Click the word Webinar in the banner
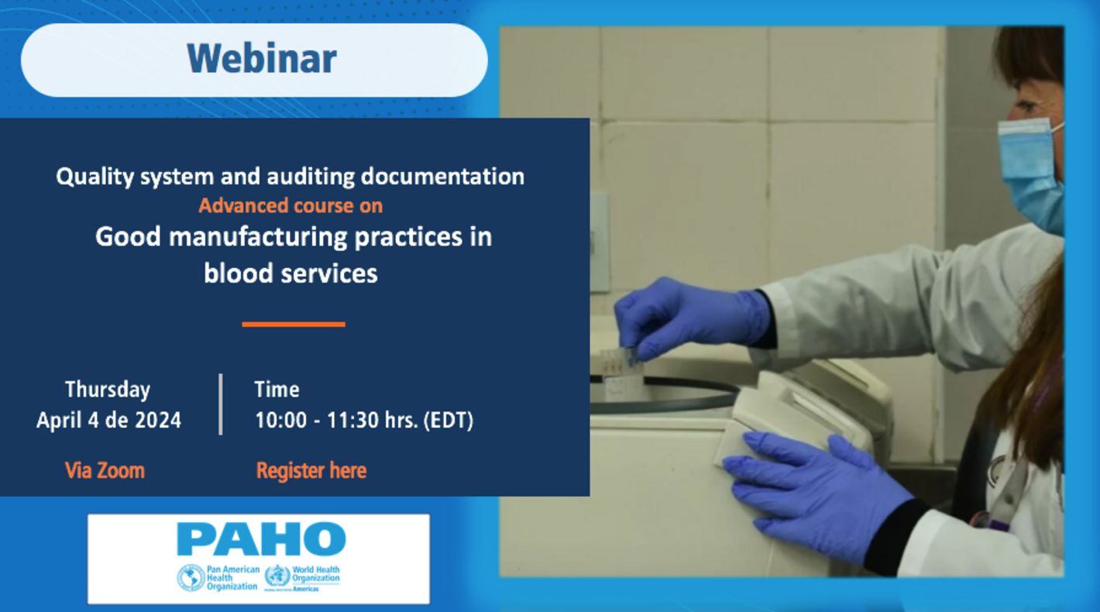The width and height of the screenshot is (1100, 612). point(262,60)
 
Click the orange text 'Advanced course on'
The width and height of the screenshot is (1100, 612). point(290,206)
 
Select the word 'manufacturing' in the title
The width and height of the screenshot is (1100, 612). point(259,237)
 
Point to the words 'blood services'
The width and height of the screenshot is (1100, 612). point(290,273)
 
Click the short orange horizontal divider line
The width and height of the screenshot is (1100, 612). point(293,324)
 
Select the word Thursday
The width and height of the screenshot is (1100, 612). point(108,389)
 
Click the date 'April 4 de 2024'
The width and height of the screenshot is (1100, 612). point(108,421)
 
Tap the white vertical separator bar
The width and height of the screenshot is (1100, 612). point(221,404)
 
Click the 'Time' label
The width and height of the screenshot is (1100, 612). point(277,389)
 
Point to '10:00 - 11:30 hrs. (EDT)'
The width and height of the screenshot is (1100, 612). point(364,421)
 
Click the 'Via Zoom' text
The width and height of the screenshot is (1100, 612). point(105,470)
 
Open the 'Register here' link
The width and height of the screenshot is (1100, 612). point(311,470)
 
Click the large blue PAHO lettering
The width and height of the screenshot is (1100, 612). point(261,539)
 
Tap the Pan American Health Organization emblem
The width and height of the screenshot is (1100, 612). point(191,578)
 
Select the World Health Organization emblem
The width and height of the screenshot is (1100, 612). point(277,576)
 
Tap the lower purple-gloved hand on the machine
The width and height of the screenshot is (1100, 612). point(813,488)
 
